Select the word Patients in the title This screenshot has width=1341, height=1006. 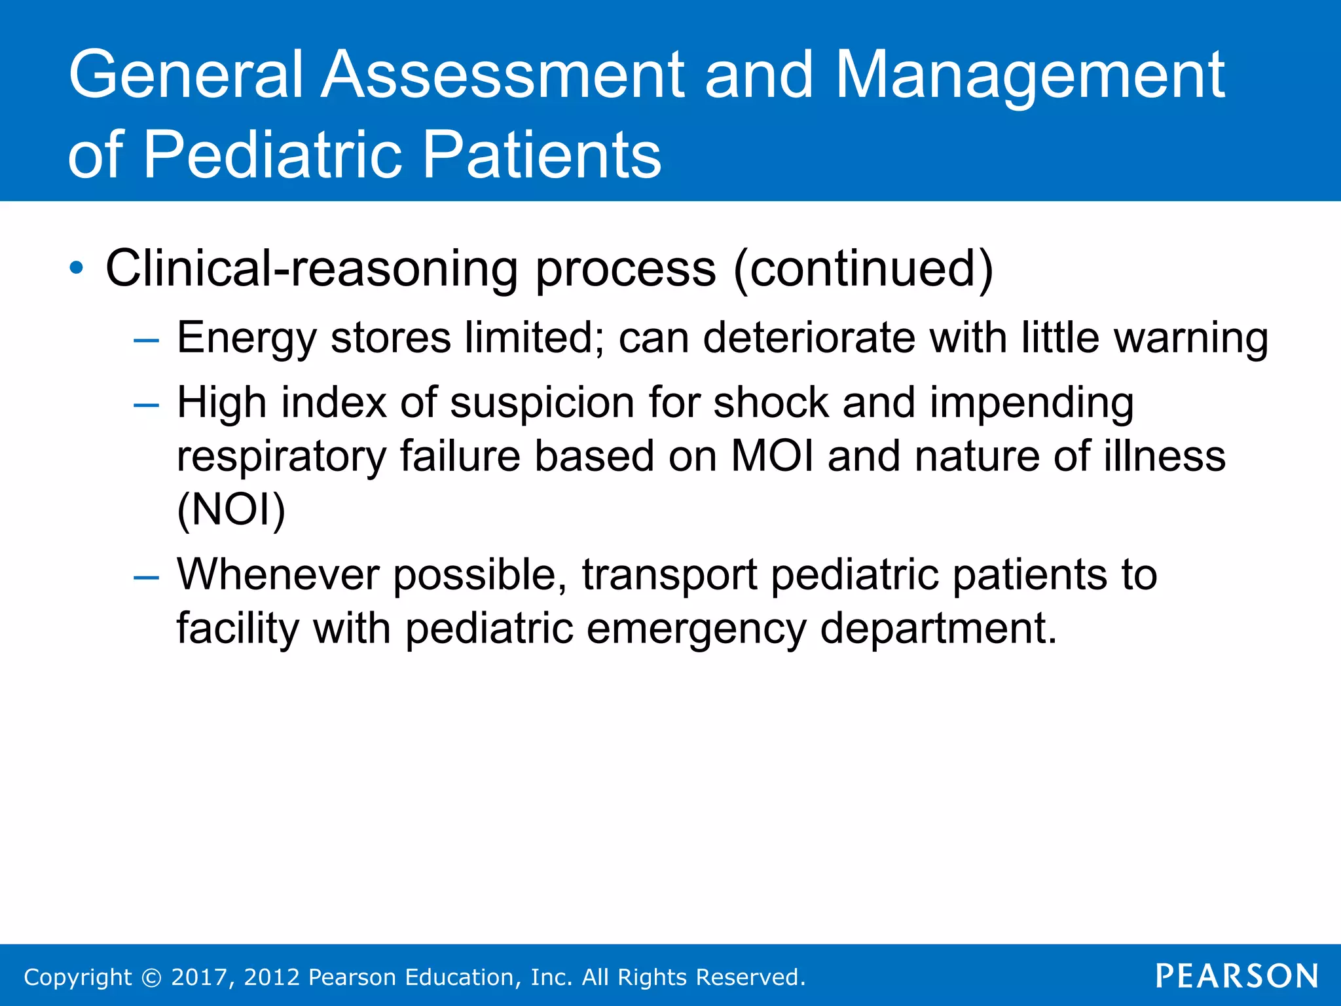pyautogui.click(x=542, y=155)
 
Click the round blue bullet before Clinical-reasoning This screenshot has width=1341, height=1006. pyautogui.click(x=77, y=268)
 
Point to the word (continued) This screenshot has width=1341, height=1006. pyautogui.click(x=863, y=268)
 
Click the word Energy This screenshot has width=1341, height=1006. pyautogui.click(x=247, y=338)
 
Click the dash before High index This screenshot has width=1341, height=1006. pyautogui.click(x=145, y=405)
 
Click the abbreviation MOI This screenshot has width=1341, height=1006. pyautogui.click(x=772, y=456)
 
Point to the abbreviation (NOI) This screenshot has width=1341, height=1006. pyautogui.click(x=231, y=510)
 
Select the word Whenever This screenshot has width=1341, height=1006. pyautogui.click(x=278, y=574)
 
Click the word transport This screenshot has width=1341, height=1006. pyautogui.click(x=669, y=574)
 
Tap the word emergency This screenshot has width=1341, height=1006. pyautogui.click(x=695, y=628)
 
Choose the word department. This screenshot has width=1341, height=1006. pyautogui.click(x=938, y=628)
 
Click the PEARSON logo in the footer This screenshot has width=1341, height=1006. pyautogui.click(x=1236, y=977)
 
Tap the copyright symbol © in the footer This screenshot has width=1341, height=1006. pyautogui.click(x=151, y=977)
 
